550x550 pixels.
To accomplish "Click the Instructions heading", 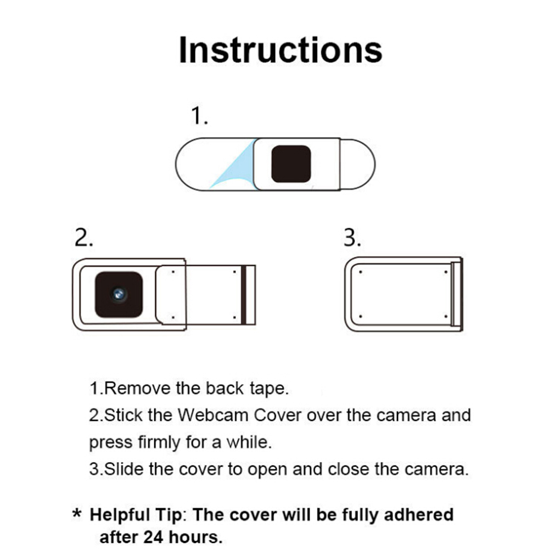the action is tap(280, 50).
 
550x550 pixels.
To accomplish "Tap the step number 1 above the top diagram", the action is tap(199, 115).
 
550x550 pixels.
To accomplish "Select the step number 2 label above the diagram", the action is tap(84, 238).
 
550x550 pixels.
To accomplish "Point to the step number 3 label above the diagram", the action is tap(352, 238).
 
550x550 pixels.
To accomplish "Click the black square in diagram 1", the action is tap(291, 164).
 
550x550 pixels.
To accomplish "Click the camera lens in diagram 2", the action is tap(119, 294).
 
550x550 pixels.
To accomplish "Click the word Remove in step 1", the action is tap(137, 388).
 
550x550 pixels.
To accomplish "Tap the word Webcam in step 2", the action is tap(213, 416).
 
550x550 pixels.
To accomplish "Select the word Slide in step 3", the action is tap(124, 469).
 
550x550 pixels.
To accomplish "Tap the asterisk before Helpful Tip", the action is tap(77, 514).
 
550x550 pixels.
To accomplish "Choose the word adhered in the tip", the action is tap(418, 515).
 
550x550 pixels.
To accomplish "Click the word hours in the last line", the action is tap(196, 537).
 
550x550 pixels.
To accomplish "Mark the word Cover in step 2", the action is tap(277, 416).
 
